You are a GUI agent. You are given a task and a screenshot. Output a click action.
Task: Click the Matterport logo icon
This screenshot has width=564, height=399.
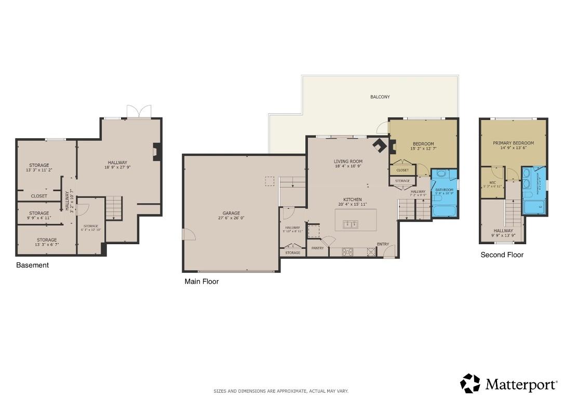(x=470, y=383)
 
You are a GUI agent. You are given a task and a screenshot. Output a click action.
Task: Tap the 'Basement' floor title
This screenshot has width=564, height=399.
(x=32, y=265)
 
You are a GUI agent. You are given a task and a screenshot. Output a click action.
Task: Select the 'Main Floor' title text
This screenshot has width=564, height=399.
(x=202, y=282)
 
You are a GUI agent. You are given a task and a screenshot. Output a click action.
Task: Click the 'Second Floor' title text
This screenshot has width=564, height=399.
(x=502, y=255)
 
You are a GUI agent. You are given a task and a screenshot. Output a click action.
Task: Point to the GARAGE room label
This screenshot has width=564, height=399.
(x=232, y=212)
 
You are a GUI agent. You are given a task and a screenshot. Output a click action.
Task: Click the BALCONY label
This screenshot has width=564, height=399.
(x=380, y=97)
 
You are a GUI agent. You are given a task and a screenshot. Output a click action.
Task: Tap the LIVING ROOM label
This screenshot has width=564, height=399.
(x=348, y=161)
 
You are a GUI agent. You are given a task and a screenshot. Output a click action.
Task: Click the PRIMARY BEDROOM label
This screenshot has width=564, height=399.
(x=513, y=143)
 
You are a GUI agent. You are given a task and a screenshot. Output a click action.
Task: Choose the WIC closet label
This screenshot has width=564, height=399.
(x=492, y=182)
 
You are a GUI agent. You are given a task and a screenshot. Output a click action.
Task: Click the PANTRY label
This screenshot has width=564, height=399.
(x=317, y=248)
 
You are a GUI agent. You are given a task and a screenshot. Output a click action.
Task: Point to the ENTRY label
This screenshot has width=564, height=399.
(x=383, y=244)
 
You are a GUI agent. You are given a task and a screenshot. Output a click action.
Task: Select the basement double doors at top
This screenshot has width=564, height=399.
(x=139, y=112)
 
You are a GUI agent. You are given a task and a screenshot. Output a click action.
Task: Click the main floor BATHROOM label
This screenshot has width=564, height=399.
(x=445, y=190)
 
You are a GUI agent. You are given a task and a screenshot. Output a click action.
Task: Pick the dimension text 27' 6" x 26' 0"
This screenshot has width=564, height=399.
(x=232, y=218)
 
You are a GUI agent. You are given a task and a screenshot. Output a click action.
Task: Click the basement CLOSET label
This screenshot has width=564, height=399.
(x=39, y=196)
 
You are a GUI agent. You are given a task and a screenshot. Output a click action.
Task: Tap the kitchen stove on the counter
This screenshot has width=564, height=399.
(x=347, y=252)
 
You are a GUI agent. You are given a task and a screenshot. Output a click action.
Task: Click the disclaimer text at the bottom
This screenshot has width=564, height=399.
(x=281, y=391)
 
